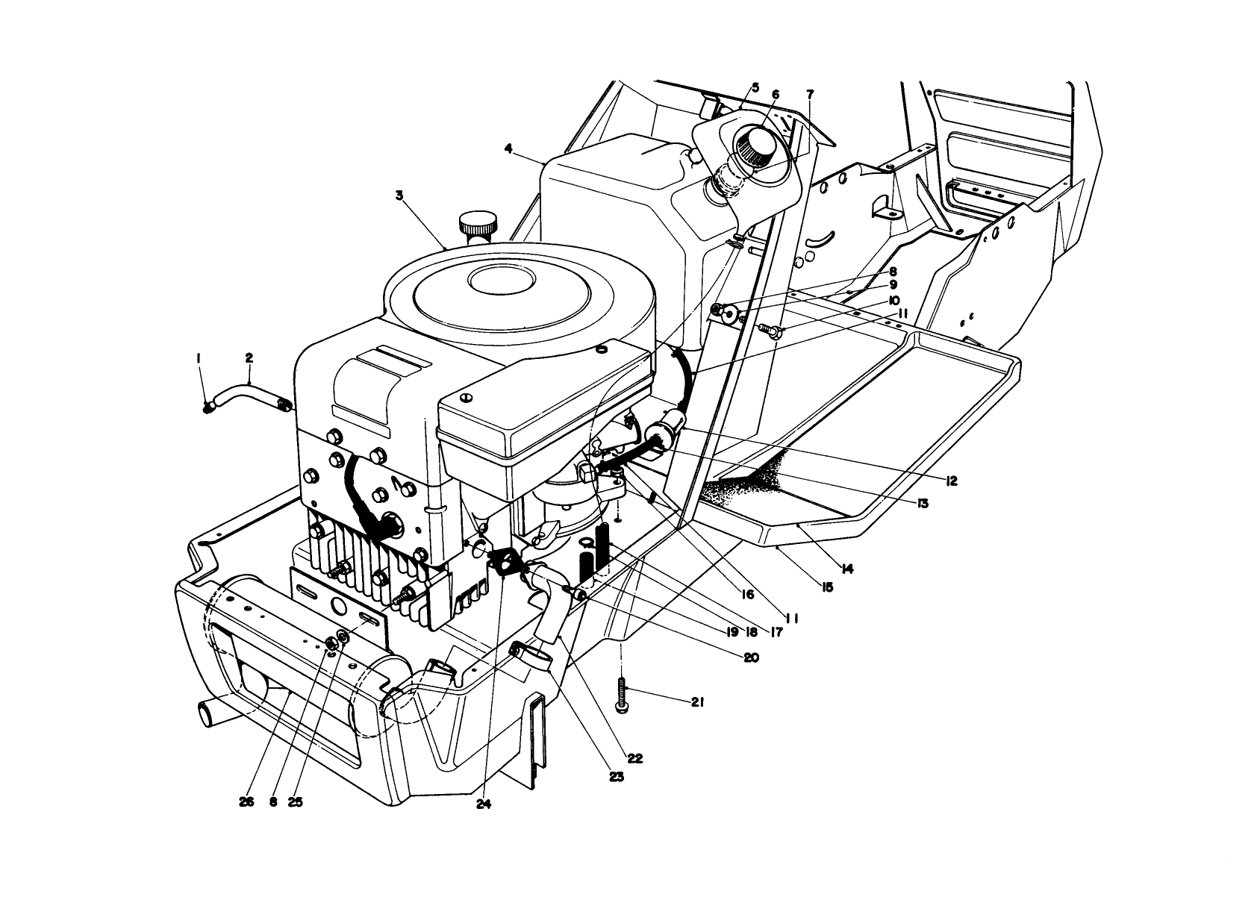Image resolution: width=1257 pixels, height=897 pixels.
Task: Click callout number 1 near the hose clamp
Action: [x=199, y=359]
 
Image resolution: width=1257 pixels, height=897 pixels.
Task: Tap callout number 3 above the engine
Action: [x=399, y=196]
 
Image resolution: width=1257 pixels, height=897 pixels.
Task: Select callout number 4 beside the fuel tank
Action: [x=508, y=149]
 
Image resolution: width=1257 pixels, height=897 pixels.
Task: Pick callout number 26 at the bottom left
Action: [x=247, y=801]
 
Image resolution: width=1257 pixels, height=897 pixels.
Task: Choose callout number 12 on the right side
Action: [x=950, y=481]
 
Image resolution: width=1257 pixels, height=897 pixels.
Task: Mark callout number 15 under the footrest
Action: [x=826, y=587]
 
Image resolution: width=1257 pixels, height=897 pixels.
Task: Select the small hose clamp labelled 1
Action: [x=209, y=406]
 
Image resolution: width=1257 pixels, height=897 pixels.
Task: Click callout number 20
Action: [x=750, y=657]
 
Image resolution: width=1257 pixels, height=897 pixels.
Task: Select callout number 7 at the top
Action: [x=810, y=94]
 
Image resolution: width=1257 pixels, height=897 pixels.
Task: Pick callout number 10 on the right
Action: [x=893, y=301]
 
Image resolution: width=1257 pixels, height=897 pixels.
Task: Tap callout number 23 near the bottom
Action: [x=616, y=776]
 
